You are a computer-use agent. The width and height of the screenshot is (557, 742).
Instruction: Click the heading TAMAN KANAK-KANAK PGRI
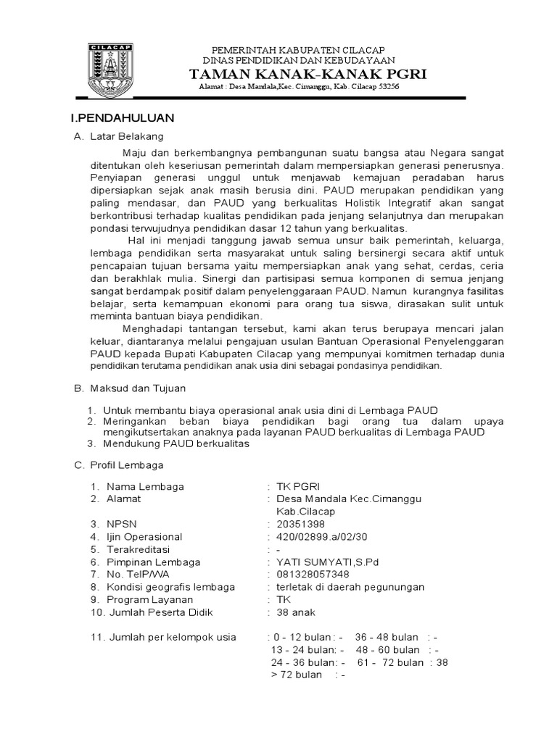pyautogui.click(x=308, y=74)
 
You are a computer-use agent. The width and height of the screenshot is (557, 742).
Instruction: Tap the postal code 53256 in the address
pyautogui.click(x=386, y=87)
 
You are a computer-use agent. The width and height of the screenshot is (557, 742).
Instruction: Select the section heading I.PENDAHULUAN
pyautogui.click(x=122, y=117)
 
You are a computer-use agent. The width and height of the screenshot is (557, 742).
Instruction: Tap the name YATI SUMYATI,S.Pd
pyautogui.click(x=328, y=562)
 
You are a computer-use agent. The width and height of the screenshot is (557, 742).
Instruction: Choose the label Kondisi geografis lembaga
pyautogui.click(x=170, y=587)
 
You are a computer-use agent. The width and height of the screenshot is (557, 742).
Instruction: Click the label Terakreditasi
pyautogui.click(x=142, y=549)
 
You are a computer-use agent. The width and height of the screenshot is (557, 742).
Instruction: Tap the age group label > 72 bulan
pyautogui.click(x=296, y=675)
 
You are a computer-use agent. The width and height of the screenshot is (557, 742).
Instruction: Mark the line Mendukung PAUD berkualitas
pyautogui.click(x=177, y=444)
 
